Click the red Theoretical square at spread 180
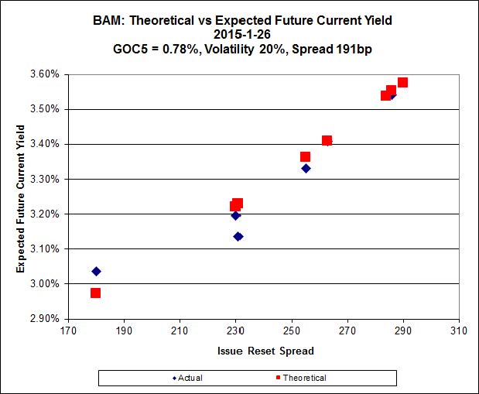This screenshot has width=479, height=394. pyautogui.click(x=95, y=293)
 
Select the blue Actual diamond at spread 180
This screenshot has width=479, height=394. pyautogui.click(x=96, y=271)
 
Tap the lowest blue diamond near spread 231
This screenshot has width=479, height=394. pyautogui.click(x=238, y=236)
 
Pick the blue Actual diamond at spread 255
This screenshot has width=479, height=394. pyautogui.click(x=306, y=168)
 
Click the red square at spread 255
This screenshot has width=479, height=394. pyautogui.click(x=306, y=157)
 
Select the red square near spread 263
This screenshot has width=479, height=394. pyautogui.click(x=327, y=141)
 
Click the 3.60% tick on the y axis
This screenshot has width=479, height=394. pyautogui.click(x=43, y=74)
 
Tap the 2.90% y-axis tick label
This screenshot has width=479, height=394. pyautogui.click(x=43, y=318)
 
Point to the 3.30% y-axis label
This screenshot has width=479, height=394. pyautogui.click(x=43, y=179)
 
